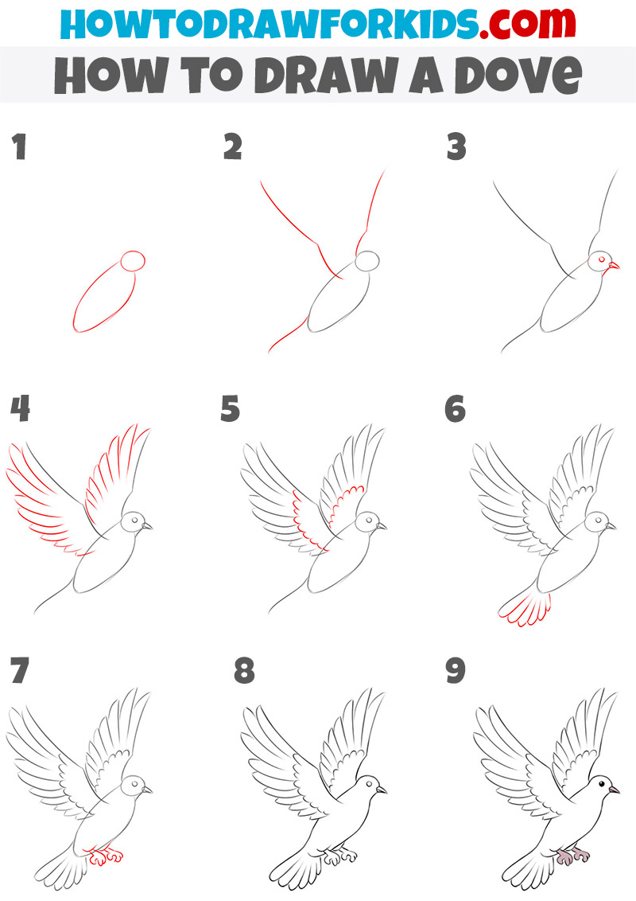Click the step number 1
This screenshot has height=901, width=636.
tap(20, 147)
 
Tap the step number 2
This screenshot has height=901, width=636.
tap(232, 147)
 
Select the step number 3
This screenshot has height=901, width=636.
tap(456, 147)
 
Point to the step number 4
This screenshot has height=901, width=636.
tap(20, 409)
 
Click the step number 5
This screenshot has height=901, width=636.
tap(231, 409)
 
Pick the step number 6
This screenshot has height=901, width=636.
tap(455, 409)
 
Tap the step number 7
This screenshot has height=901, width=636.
tap(20, 671)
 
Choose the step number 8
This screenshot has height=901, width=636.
tap(244, 671)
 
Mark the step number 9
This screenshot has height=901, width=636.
tap(456, 671)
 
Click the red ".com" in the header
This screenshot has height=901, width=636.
tap(528, 23)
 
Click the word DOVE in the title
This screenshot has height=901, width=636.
tap(518, 76)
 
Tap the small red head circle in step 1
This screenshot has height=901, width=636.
tap(133, 261)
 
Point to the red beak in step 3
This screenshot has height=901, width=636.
tap(615, 266)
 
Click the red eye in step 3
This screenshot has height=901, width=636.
tap(602, 259)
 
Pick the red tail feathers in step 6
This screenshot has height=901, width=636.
tap(525, 609)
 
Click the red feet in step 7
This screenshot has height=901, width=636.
tap(103, 855)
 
